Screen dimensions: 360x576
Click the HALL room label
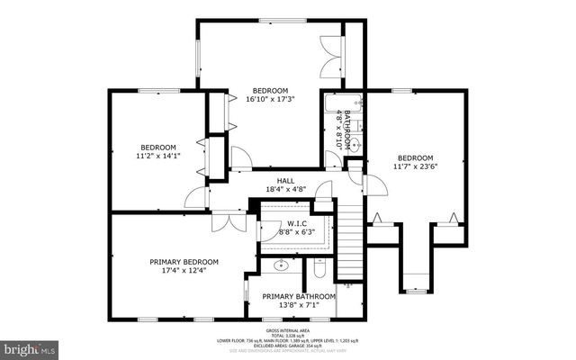(286, 180)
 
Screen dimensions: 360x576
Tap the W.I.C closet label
(297, 223)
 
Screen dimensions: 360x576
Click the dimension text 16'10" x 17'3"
(269, 100)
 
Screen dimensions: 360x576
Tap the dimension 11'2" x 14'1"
(159, 156)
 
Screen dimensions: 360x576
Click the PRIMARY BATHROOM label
(299, 296)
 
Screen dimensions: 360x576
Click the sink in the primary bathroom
(280, 265)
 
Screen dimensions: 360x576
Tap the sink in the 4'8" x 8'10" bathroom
(354, 144)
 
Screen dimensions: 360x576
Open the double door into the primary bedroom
(229, 220)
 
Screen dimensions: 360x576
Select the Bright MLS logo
(30, 346)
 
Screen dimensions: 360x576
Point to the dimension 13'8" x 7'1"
(299, 306)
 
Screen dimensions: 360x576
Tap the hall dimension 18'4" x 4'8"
(286, 189)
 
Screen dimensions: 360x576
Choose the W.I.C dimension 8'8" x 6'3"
(297, 232)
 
